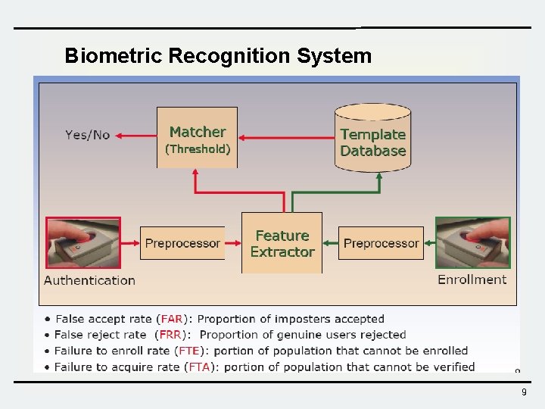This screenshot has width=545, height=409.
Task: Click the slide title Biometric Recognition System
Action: coord(218,56)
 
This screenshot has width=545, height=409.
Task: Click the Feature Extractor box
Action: coord(282,243)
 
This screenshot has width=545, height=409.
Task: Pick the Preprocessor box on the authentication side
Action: coord(182,243)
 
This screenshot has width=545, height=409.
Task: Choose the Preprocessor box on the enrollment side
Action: coord(381,243)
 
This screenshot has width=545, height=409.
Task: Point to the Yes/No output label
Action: coord(87,135)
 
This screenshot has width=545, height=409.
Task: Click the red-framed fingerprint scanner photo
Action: coord(83,243)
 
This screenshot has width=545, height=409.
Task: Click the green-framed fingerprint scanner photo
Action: coord(473,242)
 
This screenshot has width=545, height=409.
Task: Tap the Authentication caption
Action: coord(89,280)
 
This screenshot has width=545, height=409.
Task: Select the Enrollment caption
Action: coord(472,279)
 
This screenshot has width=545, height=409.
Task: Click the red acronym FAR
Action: coord(171,319)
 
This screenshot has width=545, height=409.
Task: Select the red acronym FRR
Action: coord(169,335)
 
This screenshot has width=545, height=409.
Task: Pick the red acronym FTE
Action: coord(188,351)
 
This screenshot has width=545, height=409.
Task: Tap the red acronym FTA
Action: coord(199,367)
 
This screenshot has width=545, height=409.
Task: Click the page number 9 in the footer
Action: coord(524,392)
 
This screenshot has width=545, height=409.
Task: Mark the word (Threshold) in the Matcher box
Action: coord(198,149)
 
